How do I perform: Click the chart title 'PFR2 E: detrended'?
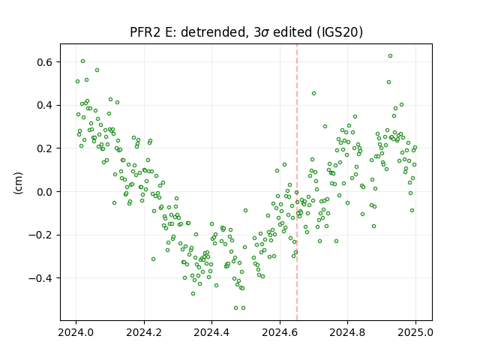[189, 32]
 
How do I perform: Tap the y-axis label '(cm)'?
[18, 183]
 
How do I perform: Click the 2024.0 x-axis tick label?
[76, 332]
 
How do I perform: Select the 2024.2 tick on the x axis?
[144, 332]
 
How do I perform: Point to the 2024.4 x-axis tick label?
[211, 332]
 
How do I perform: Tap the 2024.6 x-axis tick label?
[280, 332]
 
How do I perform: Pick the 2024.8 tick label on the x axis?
[347, 332]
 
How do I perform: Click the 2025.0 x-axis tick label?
[415, 332]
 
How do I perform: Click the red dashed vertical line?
[297, 182]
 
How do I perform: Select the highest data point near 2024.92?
[390, 56]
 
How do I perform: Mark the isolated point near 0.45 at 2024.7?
[313, 93]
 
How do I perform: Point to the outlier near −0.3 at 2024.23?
[153, 259]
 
